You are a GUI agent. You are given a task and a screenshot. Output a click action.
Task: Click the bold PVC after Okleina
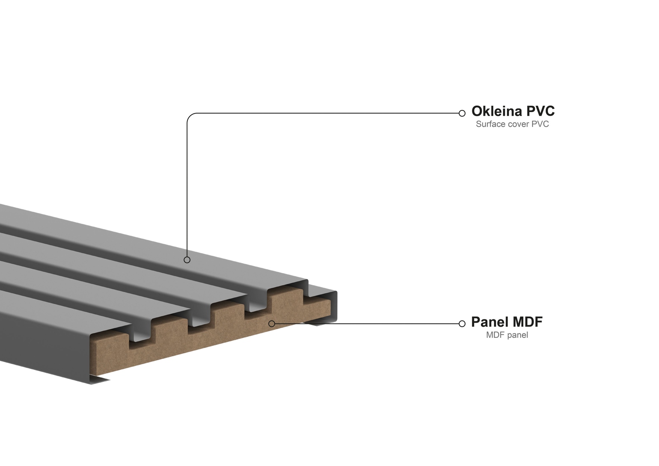click(x=540, y=111)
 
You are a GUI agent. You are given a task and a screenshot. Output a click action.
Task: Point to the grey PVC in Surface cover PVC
click(x=540, y=124)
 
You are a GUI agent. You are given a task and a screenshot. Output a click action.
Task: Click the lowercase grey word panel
click(x=517, y=335)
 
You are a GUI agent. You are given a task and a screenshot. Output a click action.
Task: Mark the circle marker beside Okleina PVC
click(x=462, y=113)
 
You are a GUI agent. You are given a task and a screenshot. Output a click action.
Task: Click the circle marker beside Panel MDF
click(x=462, y=324)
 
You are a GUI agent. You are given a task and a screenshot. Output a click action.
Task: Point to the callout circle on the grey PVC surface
click(x=187, y=260)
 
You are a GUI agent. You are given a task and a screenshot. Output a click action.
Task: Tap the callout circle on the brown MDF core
click(x=272, y=323)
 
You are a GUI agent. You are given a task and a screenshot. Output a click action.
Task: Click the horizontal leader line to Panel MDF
click(x=367, y=324)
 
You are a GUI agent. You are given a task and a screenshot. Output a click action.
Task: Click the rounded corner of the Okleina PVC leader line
click(x=190, y=117)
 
